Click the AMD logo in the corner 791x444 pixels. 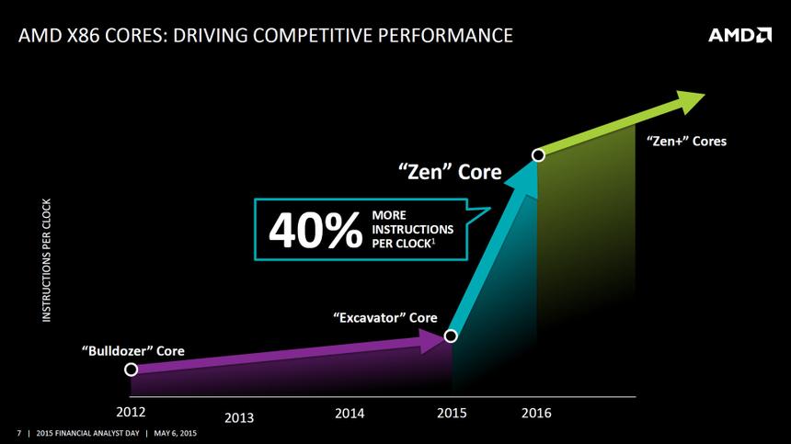pos(739,36)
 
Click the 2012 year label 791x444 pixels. pos(132,411)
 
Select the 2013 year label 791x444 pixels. pos(239,418)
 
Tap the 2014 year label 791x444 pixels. pos(350,413)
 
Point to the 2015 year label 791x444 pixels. pos(452,413)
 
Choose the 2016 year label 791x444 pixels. pos(536,413)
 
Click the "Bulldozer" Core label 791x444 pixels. pos(132,350)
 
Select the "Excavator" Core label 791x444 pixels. pos(384,317)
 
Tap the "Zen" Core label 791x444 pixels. pos(450,172)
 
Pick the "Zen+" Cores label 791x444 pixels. pos(686,142)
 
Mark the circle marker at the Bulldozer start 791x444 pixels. pos(132,369)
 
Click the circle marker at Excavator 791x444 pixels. pos(451,336)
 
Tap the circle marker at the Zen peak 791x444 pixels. pos(538,155)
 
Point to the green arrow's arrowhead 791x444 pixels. pos(689,100)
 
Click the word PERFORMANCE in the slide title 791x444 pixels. pos(436,36)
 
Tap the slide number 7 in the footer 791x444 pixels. pos(18,432)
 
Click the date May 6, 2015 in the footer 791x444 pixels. pos(174,432)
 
